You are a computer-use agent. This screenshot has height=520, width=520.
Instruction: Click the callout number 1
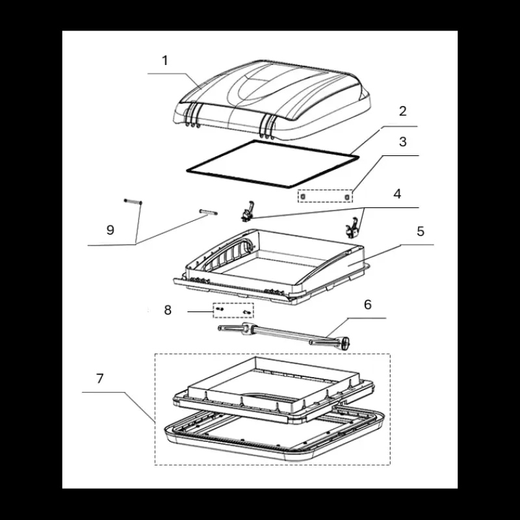click(165, 60)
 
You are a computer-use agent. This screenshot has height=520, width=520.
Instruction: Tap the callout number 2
click(402, 111)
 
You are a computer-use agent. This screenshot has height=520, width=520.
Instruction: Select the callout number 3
click(402, 142)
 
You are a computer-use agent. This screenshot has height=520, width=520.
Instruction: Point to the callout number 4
click(397, 194)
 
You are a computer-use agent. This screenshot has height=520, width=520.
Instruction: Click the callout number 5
click(421, 231)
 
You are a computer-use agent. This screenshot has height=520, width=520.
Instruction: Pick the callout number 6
click(368, 304)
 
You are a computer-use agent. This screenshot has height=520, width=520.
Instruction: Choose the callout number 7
click(100, 378)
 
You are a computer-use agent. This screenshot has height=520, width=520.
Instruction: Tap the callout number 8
click(168, 310)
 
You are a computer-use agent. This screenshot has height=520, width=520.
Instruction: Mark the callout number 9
click(110, 230)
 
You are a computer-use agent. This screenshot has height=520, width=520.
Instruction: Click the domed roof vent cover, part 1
click(272, 99)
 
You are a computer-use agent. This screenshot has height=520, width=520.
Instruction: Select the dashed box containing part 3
click(325, 196)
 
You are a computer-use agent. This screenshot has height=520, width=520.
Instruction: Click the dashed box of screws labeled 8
click(233, 311)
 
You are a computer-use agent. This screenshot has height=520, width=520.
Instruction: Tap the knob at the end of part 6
click(346, 343)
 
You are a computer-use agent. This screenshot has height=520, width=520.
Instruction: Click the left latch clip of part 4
click(248, 212)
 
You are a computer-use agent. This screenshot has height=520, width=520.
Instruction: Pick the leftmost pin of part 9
click(133, 201)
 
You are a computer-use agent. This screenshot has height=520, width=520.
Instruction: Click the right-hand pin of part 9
click(208, 212)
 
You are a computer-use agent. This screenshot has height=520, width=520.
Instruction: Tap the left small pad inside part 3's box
click(302, 197)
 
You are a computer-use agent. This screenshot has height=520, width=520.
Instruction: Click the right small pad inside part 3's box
click(347, 198)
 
